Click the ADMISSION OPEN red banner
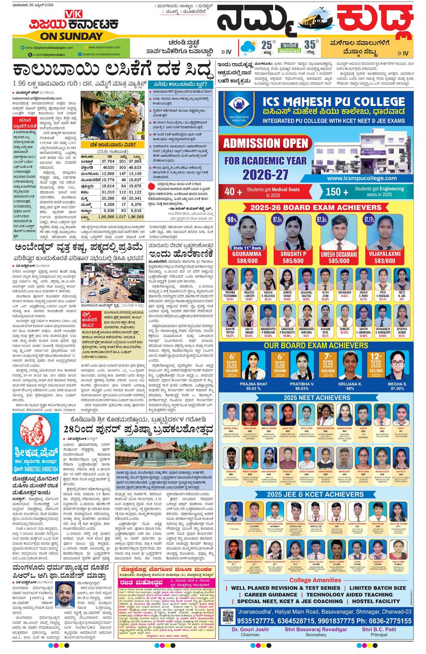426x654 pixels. coord(265,143)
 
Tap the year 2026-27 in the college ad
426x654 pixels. coord(265,175)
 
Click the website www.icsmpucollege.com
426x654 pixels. coord(361,178)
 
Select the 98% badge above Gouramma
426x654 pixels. coord(232,220)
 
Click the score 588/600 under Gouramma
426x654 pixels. coord(247,261)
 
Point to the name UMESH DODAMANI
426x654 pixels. coord(339,254)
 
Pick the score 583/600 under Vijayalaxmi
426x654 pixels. coord(384,261)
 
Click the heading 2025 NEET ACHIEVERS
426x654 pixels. coord(317,397)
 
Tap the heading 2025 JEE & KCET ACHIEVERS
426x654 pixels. coord(315,494)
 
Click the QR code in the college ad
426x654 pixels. coord(228,617)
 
